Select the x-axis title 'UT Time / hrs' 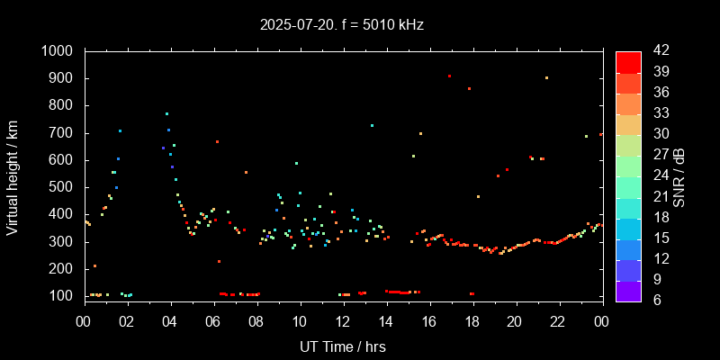coord(342,346)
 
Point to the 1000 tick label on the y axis coord(58,51)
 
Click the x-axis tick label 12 coord(343,321)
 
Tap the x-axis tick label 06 coord(213,321)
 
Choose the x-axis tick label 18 coord(472,321)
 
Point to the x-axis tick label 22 coord(558,321)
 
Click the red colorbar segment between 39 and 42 coord(628,61)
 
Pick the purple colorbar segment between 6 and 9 coord(628,289)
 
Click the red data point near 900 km coord(449,76)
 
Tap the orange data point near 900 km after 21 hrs coord(546,78)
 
